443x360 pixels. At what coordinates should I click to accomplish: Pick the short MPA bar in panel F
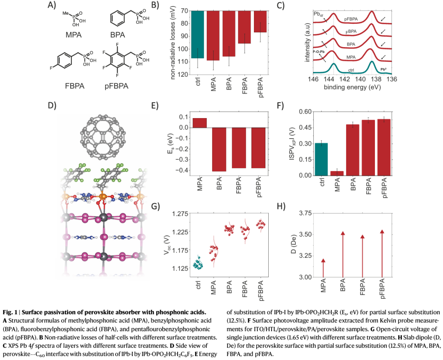coord(337,173)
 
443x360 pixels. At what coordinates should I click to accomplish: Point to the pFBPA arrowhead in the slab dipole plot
coord(382,232)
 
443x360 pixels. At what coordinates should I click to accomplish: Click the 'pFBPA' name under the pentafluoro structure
coord(116,86)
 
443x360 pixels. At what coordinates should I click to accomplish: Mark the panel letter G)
coord(155,206)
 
